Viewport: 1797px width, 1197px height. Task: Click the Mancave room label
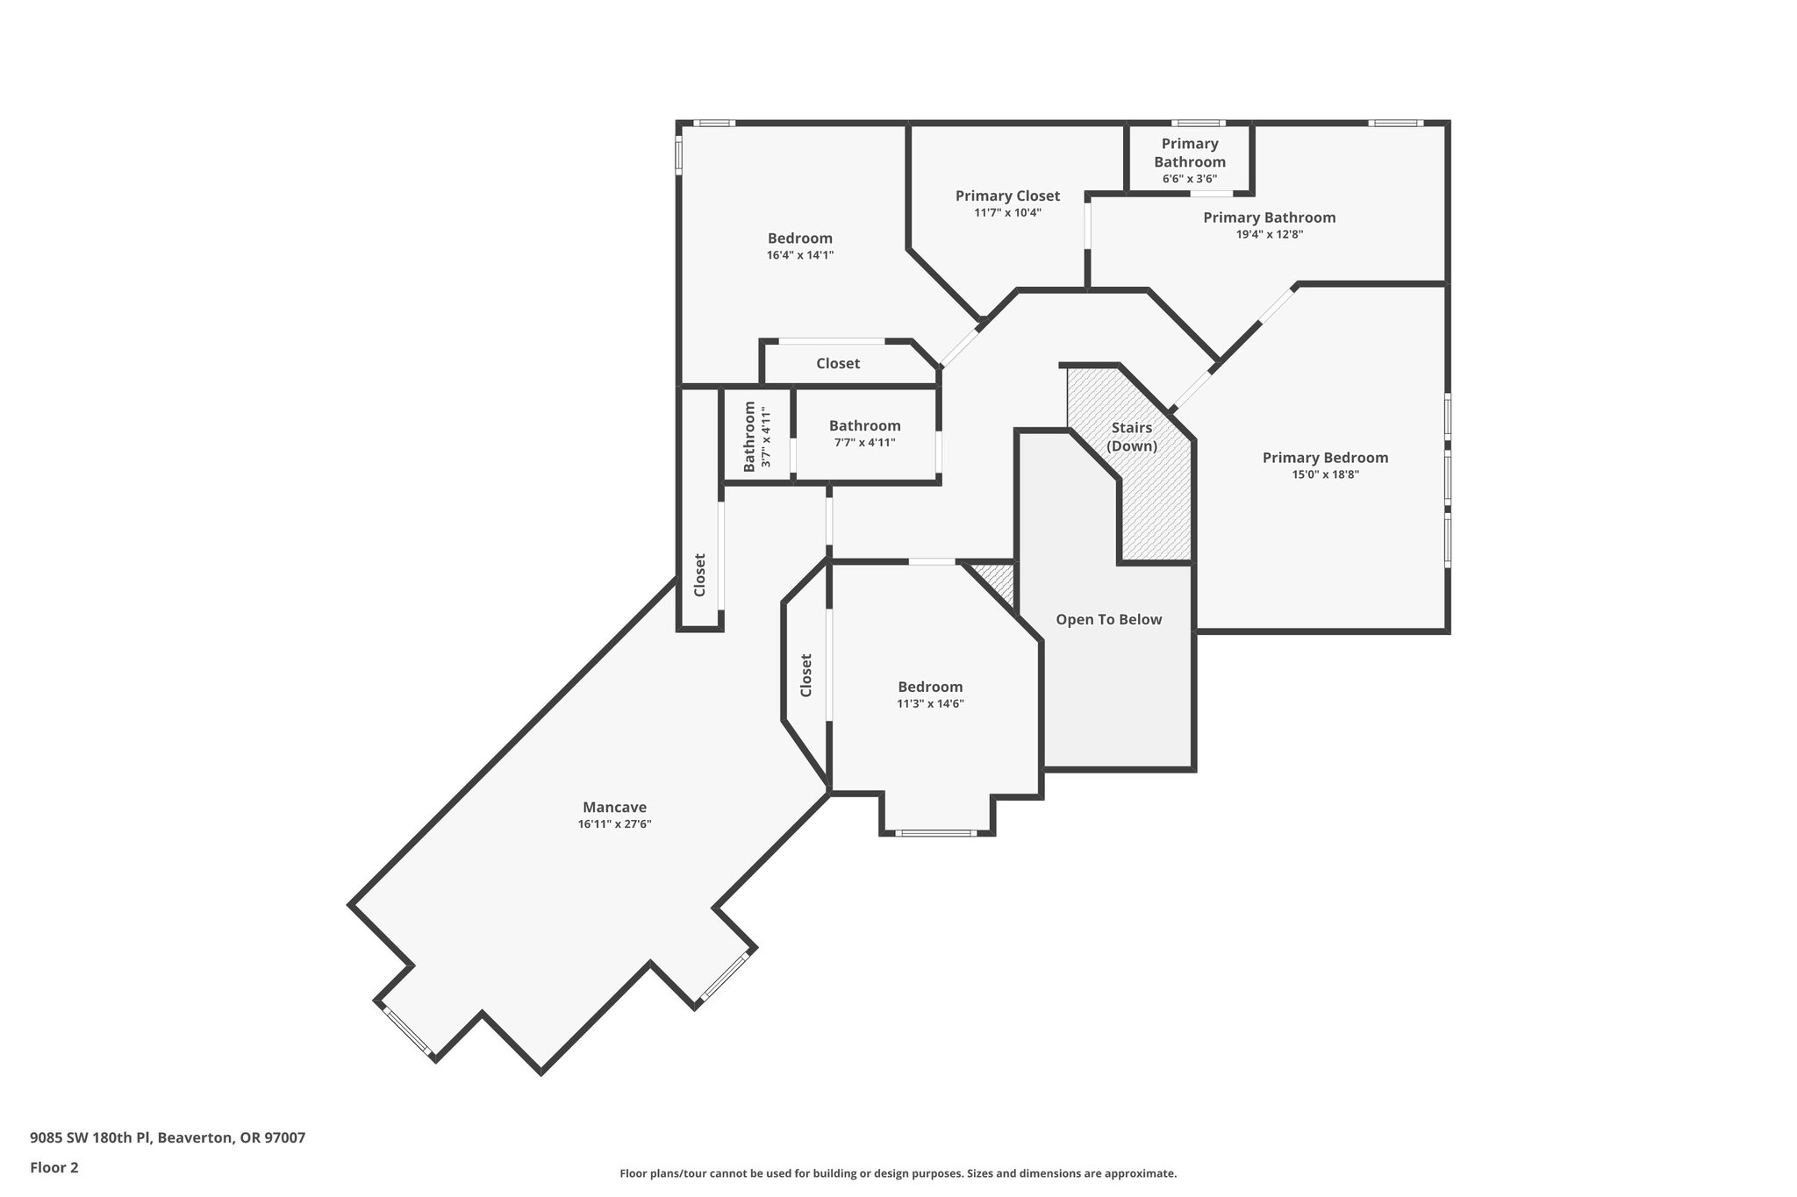click(x=614, y=808)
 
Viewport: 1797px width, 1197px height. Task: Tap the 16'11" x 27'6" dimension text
click(x=614, y=824)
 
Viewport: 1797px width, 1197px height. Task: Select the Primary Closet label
click(x=1007, y=196)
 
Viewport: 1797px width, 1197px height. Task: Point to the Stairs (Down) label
click(x=1131, y=437)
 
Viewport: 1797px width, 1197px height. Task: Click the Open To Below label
click(x=1108, y=620)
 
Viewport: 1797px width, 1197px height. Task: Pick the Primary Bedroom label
click(x=1325, y=458)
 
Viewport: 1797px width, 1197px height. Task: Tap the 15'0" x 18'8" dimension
click(x=1325, y=474)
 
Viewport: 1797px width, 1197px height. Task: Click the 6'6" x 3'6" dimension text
click(x=1190, y=179)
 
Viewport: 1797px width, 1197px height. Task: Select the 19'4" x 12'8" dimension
click(x=1269, y=234)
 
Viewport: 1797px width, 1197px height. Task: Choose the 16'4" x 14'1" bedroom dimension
click(x=799, y=255)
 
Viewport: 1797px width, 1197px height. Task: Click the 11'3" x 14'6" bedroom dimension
click(x=930, y=703)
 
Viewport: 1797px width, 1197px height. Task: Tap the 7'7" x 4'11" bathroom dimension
click(x=864, y=443)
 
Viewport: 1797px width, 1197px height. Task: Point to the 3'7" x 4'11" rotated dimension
click(x=766, y=437)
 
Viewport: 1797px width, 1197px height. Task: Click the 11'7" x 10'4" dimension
click(x=1007, y=212)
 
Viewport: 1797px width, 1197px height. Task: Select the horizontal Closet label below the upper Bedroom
click(x=838, y=364)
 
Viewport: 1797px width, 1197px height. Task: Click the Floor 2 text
click(x=54, y=1167)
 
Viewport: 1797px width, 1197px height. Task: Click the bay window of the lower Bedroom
click(x=936, y=833)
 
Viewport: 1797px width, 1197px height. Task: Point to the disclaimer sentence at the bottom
click(x=898, y=1173)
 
